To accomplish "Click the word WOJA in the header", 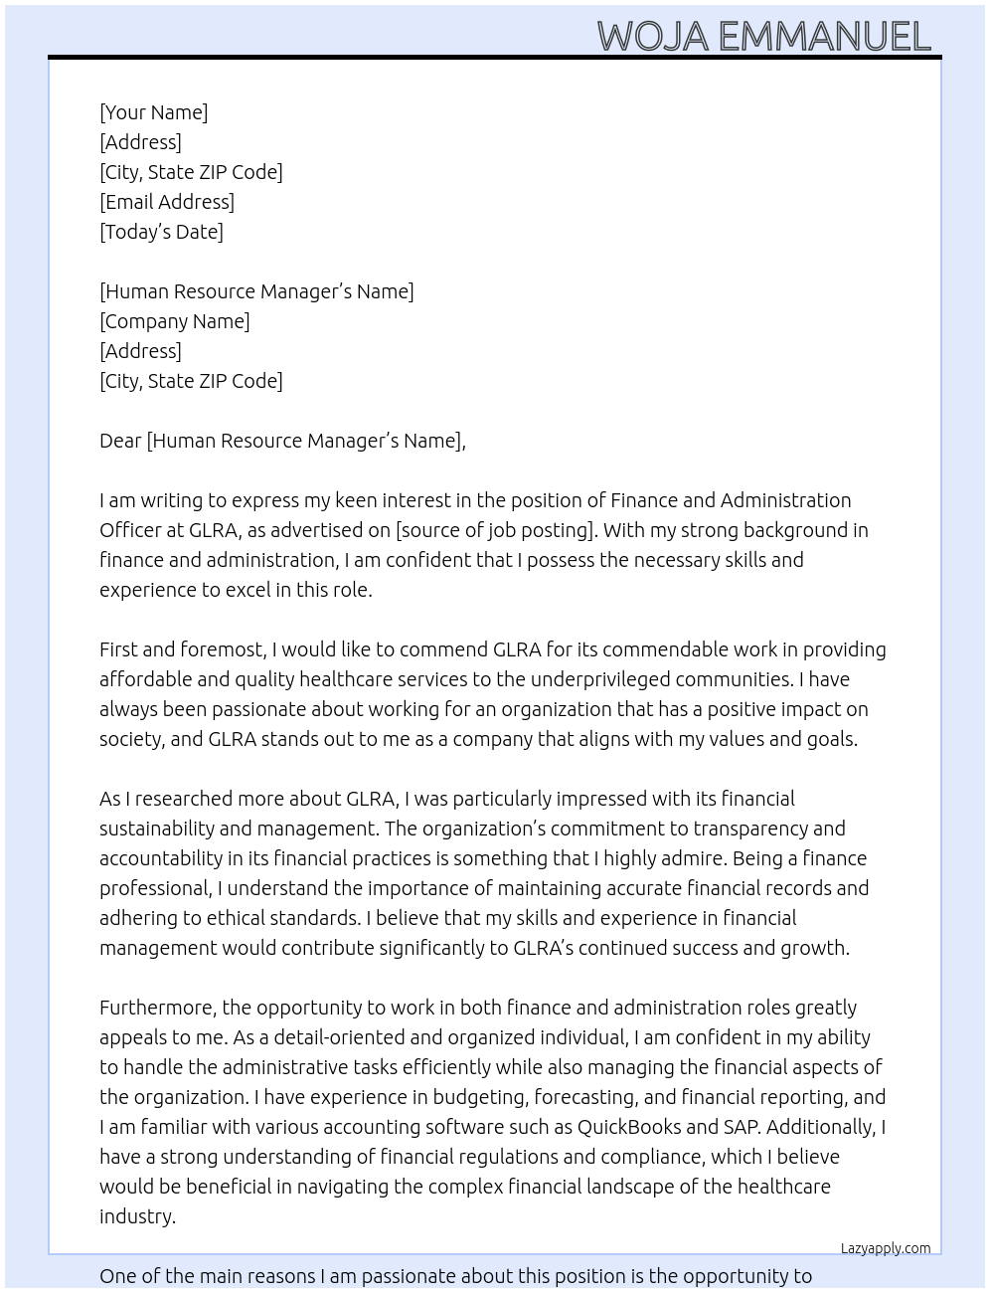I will pos(652,37).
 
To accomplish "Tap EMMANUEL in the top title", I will pos(824,37).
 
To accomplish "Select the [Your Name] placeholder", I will pos(153,112).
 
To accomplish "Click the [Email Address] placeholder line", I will pos(167,202).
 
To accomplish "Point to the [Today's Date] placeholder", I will pos(161,232).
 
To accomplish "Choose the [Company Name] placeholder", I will pos(175,321).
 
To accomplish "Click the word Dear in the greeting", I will pos(120,441).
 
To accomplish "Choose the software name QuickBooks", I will pos(629,1127).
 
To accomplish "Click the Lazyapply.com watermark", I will pos(886,1248).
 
